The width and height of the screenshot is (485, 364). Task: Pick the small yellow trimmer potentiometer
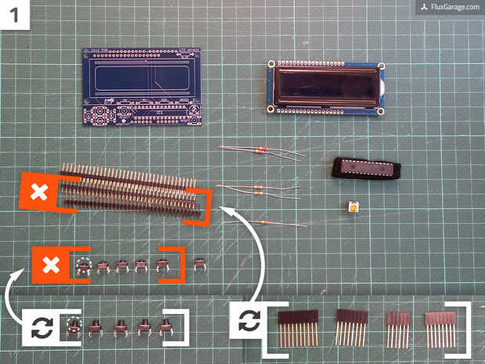pyautogui.click(x=354, y=207)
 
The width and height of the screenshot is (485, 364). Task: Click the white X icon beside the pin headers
pyautogui.click(x=38, y=193)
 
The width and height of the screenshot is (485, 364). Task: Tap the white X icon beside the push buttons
pyautogui.click(x=50, y=265)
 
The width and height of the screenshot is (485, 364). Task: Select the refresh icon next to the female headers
pyautogui.click(x=250, y=320)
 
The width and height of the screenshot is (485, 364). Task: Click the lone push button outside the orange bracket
pyautogui.click(x=200, y=264)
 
